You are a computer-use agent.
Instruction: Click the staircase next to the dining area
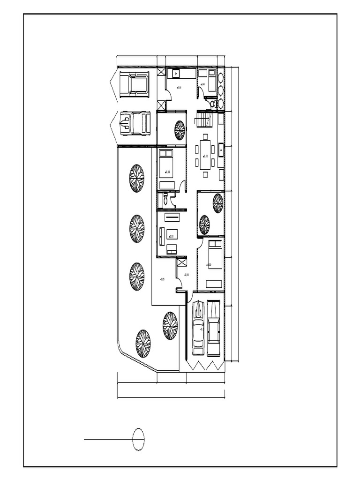coord(203,120)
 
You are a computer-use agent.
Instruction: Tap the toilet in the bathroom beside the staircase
coord(213,103)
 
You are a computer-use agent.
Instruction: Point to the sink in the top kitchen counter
coord(176,74)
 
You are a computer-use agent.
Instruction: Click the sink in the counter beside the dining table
coord(220,150)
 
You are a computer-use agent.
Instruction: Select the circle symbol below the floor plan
coord(139,439)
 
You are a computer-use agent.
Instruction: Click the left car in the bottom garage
coord(198,328)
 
